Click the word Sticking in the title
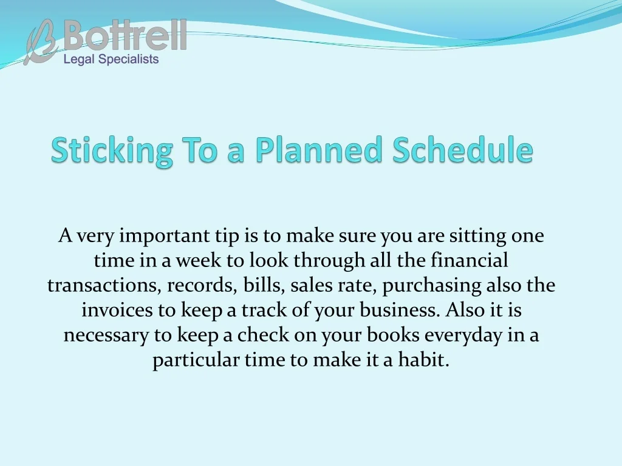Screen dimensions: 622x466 (112, 150)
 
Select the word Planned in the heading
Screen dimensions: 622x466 (318, 149)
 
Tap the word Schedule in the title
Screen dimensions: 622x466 (463, 149)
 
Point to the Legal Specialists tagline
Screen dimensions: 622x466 (111, 59)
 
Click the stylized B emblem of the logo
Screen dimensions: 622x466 (41, 42)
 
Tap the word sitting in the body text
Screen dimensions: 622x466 (477, 236)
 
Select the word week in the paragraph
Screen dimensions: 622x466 (199, 260)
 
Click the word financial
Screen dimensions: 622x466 (470, 260)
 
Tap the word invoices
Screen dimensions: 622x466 (117, 310)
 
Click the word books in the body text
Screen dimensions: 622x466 (393, 335)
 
